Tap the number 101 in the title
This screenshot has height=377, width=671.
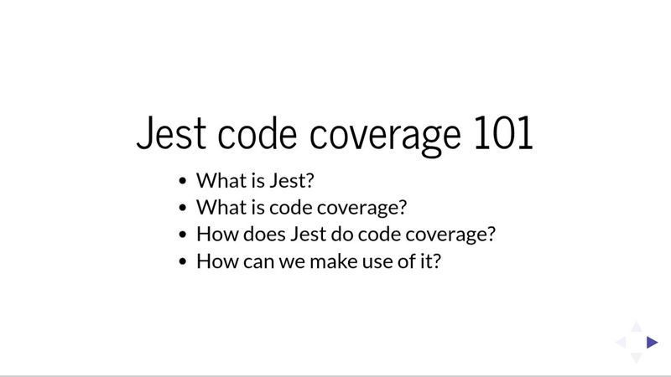(502, 134)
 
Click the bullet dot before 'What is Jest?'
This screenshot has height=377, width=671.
(184, 180)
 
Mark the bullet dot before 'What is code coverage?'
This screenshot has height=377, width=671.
(184, 207)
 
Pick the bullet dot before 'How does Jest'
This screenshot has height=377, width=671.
(184, 234)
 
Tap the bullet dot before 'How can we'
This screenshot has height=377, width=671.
(184, 261)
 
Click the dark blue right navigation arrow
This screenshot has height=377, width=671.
(652, 342)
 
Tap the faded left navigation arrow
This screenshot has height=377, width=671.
(622, 342)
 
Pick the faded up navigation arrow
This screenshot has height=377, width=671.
(637, 327)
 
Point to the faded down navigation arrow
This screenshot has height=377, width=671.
(637, 358)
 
